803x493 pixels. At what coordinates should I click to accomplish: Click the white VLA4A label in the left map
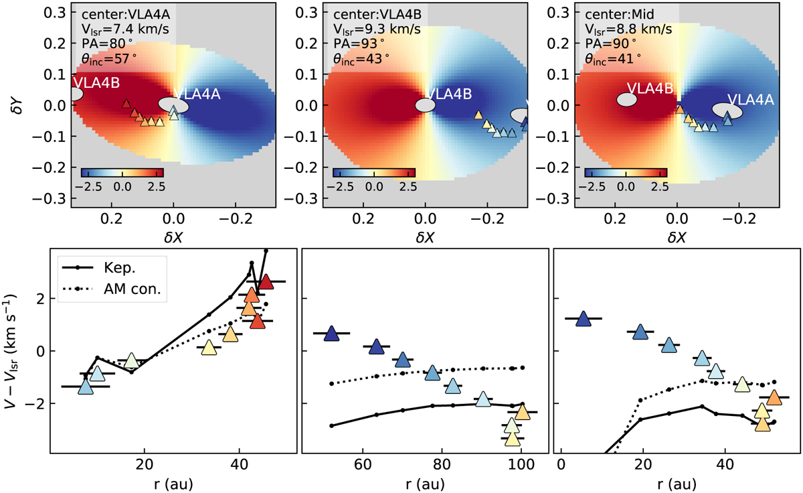(x=197, y=94)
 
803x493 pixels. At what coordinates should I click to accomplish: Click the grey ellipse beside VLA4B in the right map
(x=626, y=99)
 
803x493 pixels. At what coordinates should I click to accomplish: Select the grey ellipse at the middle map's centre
(x=425, y=105)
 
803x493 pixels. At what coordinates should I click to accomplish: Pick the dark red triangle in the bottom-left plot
(x=265, y=282)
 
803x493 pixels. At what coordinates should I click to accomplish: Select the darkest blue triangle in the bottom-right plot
(x=584, y=319)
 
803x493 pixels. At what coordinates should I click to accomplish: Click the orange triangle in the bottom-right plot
(x=774, y=397)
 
